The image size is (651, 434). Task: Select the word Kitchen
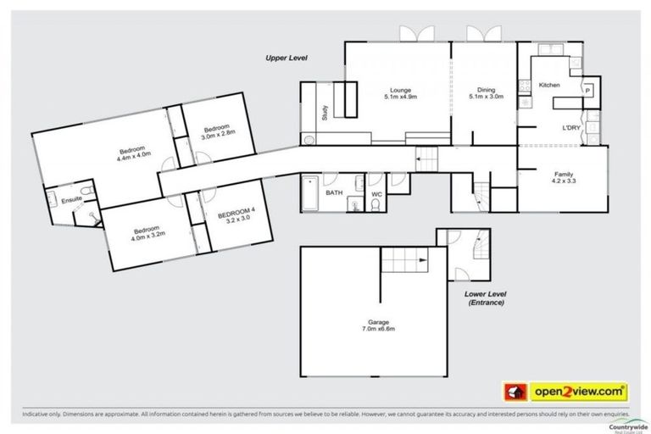[549, 86]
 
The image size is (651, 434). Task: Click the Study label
[324, 113]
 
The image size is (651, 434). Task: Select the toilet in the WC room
[375, 203]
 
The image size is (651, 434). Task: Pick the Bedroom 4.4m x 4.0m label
[133, 152]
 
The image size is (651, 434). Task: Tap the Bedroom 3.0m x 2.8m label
[217, 132]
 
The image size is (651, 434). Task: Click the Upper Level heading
[284, 58]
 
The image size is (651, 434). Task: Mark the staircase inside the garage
[403, 260]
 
